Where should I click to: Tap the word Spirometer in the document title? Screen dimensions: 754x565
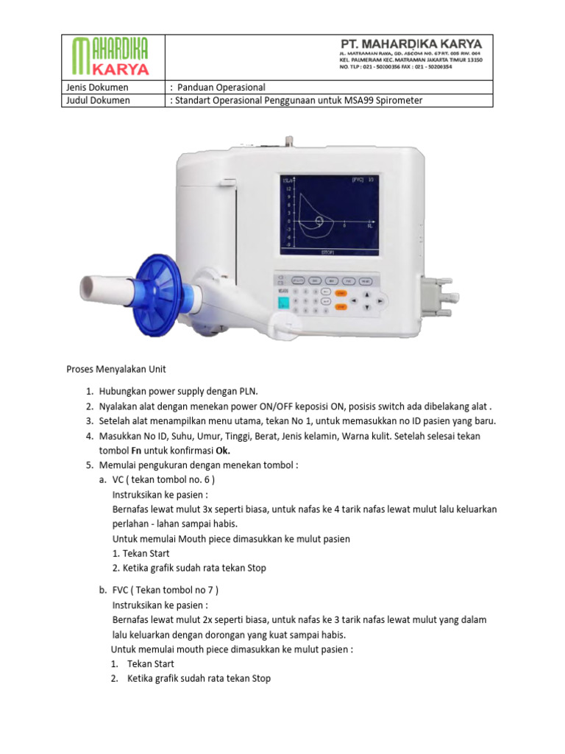399,100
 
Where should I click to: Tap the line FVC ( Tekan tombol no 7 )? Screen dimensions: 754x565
165,590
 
